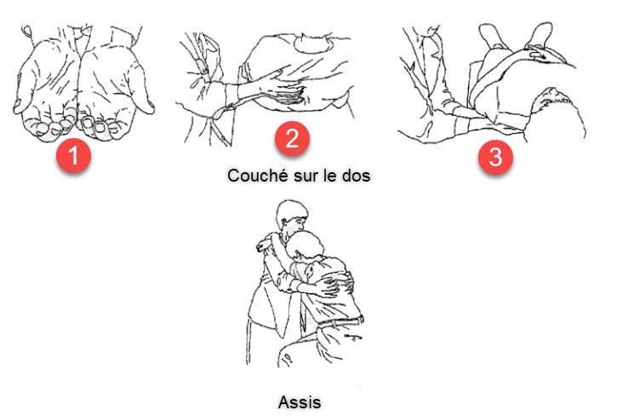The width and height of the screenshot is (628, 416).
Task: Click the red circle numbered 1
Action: point(74,155)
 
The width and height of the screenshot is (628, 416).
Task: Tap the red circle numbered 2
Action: point(292,138)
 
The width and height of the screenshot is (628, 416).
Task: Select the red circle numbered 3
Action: point(495,157)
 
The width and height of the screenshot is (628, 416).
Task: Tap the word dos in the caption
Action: point(356,176)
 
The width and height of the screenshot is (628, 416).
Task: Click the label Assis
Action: point(300,402)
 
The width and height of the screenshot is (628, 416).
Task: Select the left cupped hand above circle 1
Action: point(48,89)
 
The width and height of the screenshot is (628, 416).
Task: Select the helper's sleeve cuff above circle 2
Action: point(231,96)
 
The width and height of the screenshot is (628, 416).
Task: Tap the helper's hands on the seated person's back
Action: point(336,284)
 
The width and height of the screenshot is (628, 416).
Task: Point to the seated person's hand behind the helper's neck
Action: point(264,246)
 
